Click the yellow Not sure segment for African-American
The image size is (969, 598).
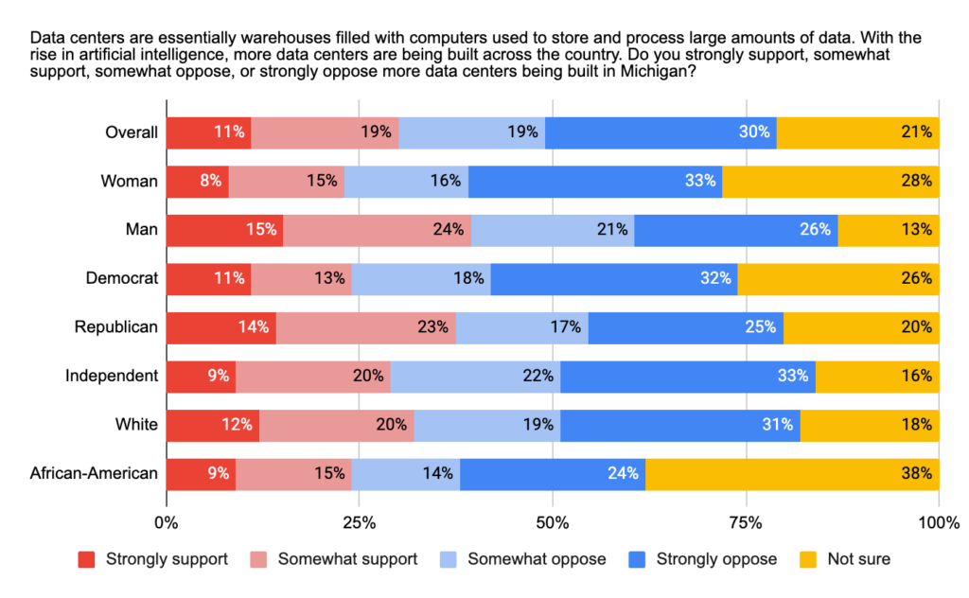(792, 473)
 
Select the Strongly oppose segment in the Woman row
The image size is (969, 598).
(594, 181)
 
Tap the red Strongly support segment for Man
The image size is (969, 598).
(224, 230)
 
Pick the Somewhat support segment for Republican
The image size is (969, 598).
(365, 327)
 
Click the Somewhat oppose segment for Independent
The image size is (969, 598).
(475, 376)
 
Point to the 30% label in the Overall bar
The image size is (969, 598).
(754, 132)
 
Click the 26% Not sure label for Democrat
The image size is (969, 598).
(917, 278)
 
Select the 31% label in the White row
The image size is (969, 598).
(778, 425)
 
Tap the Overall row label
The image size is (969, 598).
(131, 132)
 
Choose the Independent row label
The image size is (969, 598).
(111, 376)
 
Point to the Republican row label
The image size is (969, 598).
(115, 327)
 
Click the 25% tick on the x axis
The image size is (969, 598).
(359, 522)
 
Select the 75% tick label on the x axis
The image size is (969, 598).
(746, 522)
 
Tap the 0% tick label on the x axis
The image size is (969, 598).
(167, 522)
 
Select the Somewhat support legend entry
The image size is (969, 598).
(347, 559)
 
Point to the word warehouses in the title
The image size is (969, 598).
(255, 38)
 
